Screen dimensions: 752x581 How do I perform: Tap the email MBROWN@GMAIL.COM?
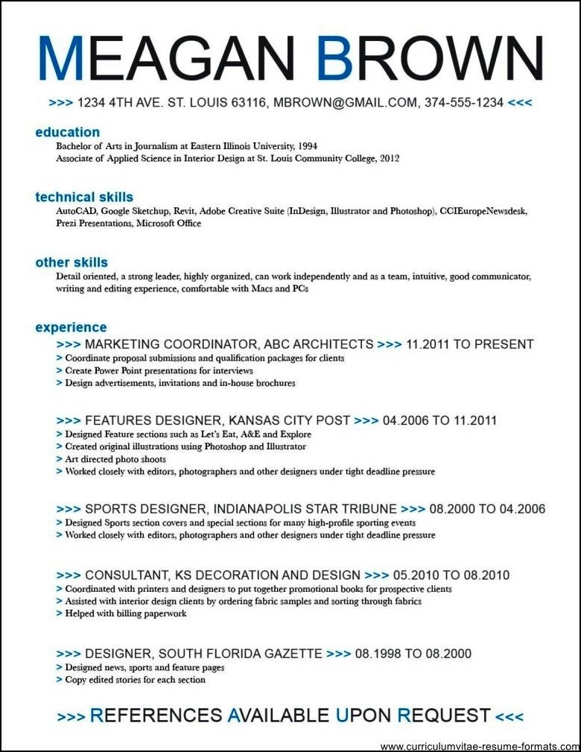tap(345, 102)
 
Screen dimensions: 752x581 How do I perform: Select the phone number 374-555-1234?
tap(464, 102)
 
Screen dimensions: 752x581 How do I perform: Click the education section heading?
tap(67, 133)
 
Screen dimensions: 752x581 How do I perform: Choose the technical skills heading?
tap(84, 198)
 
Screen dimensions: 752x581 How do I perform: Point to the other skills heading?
tap(72, 262)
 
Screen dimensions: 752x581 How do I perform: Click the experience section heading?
tap(71, 327)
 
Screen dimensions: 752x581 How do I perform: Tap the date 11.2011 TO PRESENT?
tap(470, 344)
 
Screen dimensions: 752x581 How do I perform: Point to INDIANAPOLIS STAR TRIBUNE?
tap(305, 509)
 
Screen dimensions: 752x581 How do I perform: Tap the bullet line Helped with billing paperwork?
tap(125, 613)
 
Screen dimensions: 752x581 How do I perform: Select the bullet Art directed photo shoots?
tap(115, 459)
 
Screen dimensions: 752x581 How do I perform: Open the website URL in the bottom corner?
tap(478, 745)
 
